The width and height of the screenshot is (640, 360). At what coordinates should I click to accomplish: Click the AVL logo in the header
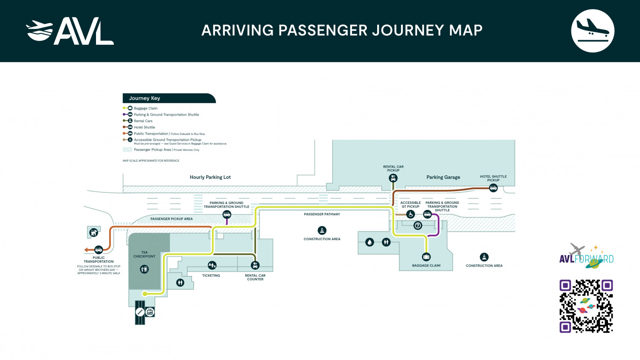pos(70,31)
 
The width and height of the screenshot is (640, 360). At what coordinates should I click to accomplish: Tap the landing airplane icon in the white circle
pos(592,31)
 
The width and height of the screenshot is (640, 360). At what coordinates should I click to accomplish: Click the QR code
pos(586,306)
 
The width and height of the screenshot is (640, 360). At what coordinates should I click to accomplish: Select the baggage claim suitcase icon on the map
pos(426,257)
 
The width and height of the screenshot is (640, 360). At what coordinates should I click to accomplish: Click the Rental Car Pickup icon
pos(393,178)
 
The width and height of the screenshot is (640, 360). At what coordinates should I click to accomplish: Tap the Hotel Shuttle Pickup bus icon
pos(493,188)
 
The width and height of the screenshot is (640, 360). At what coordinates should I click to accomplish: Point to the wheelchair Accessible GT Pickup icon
pos(410,215)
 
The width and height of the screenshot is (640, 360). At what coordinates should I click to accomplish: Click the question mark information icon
pos(418,226)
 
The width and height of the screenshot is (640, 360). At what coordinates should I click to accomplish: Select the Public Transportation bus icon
pos(99,250)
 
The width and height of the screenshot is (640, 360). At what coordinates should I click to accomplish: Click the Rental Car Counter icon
pos(255,266)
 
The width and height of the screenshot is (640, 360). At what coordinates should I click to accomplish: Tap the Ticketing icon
pos(212,266)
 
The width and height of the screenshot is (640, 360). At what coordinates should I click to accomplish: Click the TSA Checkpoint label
pos(144,254)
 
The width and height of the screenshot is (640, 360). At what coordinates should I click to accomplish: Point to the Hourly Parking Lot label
pos(210,177)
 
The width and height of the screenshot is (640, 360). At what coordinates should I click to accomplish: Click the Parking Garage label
pos(443,177)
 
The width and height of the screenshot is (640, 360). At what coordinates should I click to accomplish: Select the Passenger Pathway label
pos(322,214)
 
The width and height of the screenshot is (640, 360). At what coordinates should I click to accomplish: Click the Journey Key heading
pos(145,98)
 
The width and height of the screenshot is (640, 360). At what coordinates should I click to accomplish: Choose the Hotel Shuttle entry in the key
pos(144,127)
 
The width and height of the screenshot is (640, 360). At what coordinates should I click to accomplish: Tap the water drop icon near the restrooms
pos(369,242)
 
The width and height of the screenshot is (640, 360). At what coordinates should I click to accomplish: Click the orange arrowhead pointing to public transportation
pos(86,250)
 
